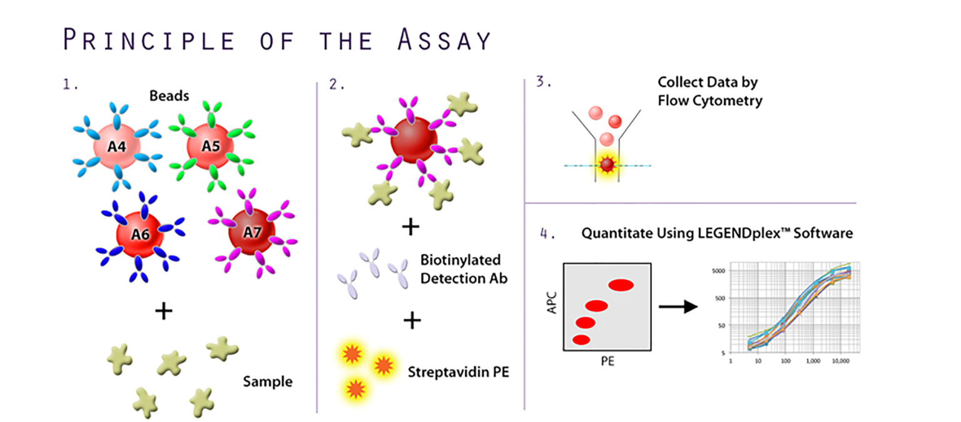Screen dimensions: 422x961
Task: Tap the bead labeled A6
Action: (x=140, y=235)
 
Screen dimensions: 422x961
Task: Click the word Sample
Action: (x=268, y=381)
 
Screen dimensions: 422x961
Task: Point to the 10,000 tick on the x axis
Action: (x=840, y=361)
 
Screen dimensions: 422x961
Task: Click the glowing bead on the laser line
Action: (x=607, y=165)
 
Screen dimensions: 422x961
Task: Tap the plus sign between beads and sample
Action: (x=163, y=311)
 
